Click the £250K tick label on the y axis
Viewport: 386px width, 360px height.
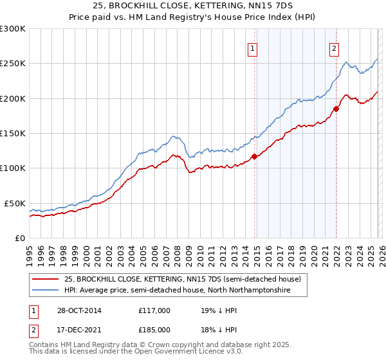pos(12,64)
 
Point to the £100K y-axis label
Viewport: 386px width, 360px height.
pos(12,168)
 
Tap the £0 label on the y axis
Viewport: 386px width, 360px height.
pos(19,238)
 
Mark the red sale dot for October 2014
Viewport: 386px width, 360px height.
pos(254,156)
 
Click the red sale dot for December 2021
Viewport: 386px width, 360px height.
pos(335,109)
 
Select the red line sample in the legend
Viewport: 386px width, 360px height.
pos(45,280)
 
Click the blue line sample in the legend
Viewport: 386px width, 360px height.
pos(45,291)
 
